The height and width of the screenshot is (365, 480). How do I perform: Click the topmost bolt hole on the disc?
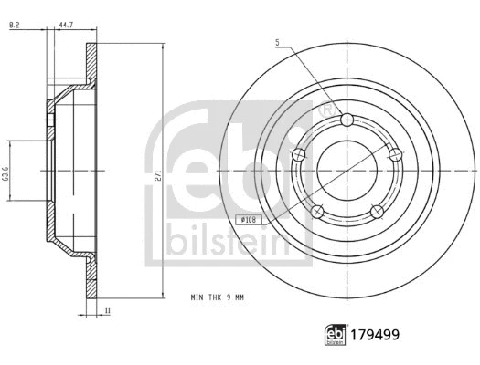click(345, 120)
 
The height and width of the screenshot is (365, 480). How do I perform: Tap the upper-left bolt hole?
click(297, 155)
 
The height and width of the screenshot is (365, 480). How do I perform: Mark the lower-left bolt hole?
click(315, 212)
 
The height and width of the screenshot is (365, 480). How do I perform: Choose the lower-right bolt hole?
click(375, 212)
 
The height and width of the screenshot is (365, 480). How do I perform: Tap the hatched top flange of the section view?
click(91, 64)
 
